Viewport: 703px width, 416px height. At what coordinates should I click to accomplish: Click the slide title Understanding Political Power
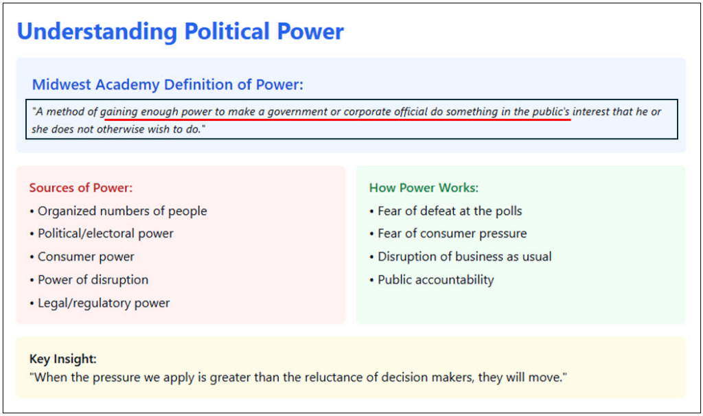pyautogui.click(x=181, y=32)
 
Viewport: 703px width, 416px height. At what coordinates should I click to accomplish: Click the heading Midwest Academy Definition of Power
pyautogui.click(x=168, y=84)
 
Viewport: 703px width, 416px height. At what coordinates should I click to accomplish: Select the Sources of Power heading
pyautogui.click(x=81, y=187)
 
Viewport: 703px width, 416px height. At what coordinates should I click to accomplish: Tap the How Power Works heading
pyautogui.click(x=424, y=187)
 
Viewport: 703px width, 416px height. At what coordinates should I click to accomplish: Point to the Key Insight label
pyautogui.click(x=62, y=358)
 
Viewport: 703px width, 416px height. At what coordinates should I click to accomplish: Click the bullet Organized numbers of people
pyautogui.click(x=118, y=211)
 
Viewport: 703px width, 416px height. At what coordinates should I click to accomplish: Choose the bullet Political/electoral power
pyautogui.click(x=102, y=233)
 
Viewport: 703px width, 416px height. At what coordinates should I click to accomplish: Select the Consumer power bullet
pyautogui.click(x=82, y=257)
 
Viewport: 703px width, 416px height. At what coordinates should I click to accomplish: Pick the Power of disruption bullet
pyautogui.click(x=89, y=279)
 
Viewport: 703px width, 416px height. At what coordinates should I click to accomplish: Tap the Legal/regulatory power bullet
pyautogui.click(x=100, y=303)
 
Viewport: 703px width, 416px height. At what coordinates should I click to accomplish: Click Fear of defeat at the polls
pyautogui.click(x=446, y=211)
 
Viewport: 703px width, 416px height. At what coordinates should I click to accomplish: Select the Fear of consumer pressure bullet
pyautogui.click(x=448, y=233)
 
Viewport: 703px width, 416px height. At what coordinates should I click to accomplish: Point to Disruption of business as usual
pyautogui.click(x=461, y=257)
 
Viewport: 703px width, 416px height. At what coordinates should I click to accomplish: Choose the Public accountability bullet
pyautogui.click(x=432, y=279)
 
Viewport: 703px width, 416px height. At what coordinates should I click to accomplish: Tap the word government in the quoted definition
pyautogui.click(x=297, y=112)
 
